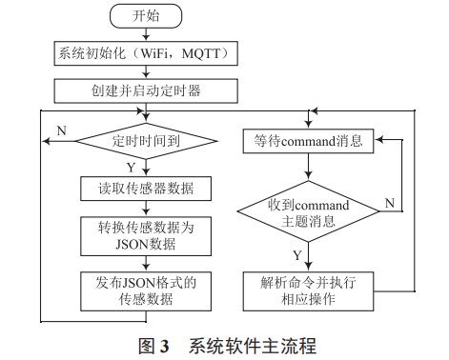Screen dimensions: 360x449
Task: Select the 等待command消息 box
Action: point(306,143)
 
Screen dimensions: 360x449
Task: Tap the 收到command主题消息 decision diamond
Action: point(306,211)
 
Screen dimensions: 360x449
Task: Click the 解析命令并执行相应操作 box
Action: point(306,289)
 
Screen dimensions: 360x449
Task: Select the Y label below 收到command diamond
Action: point(296,255)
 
